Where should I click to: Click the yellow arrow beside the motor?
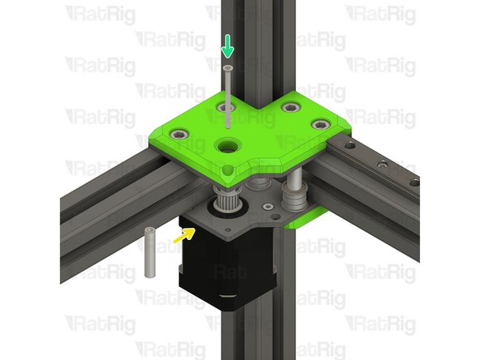click(186, 235)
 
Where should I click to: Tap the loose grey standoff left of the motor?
click(150, 252)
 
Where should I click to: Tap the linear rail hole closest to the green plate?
click(349, 147)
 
